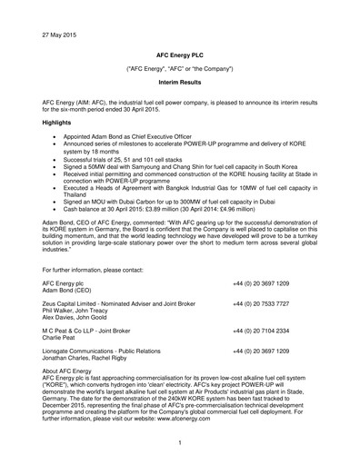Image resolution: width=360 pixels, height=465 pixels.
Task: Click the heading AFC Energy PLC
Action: (x=180, y=54)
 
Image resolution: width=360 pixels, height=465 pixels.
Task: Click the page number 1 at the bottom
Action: (x=180, y=443)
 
